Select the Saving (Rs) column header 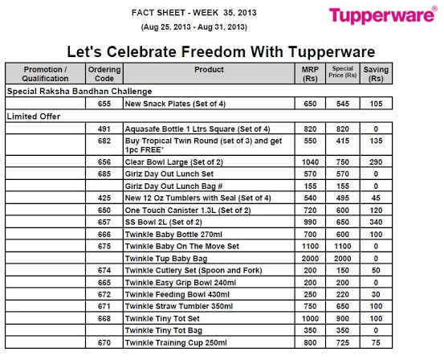click(x=375, y=75)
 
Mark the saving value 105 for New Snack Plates click(x=375, y=104)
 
